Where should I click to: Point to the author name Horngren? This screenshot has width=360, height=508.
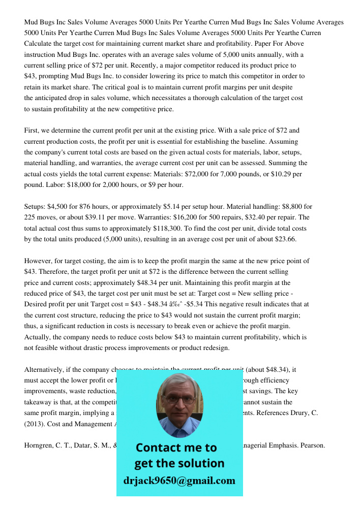(41, 446)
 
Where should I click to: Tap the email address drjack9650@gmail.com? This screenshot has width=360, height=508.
(179, 481)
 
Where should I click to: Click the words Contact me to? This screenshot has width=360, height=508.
(176, 448)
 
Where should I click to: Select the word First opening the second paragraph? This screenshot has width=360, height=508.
(32, 131)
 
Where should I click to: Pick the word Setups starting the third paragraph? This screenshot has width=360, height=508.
(35, 207)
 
